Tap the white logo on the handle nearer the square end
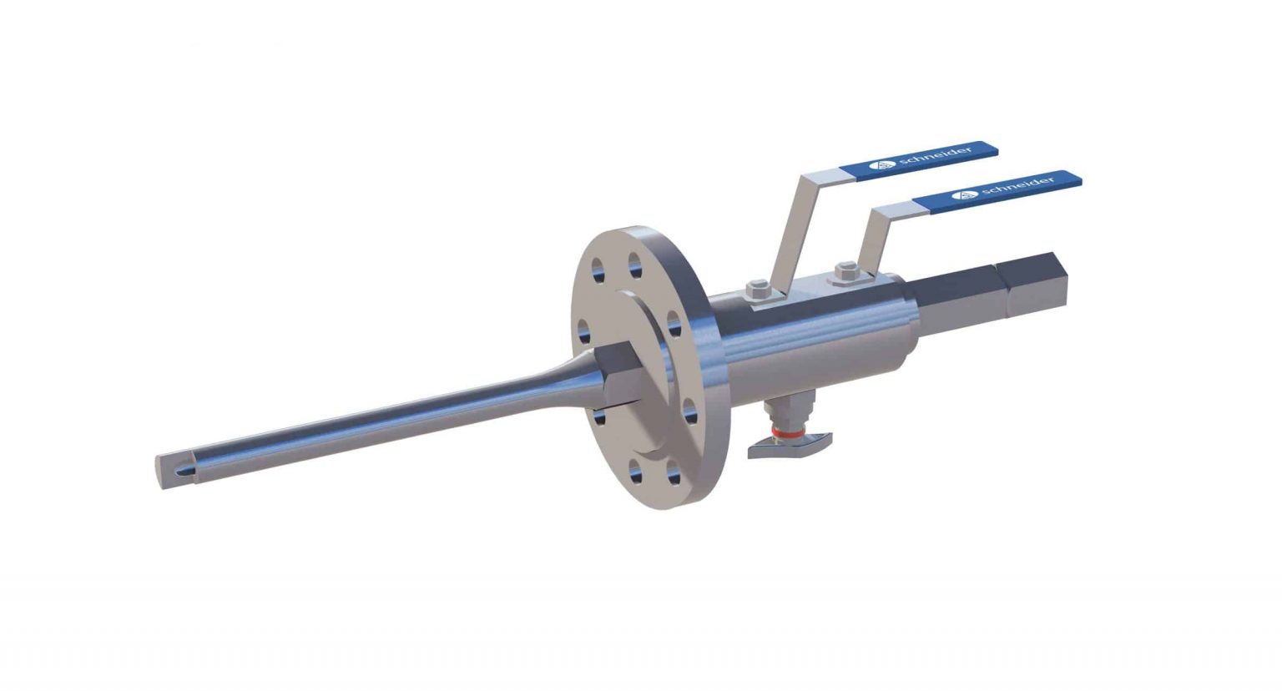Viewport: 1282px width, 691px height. click(966, 194)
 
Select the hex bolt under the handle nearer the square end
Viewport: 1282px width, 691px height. click(845, 270)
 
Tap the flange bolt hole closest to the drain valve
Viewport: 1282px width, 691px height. click(689, 411)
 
